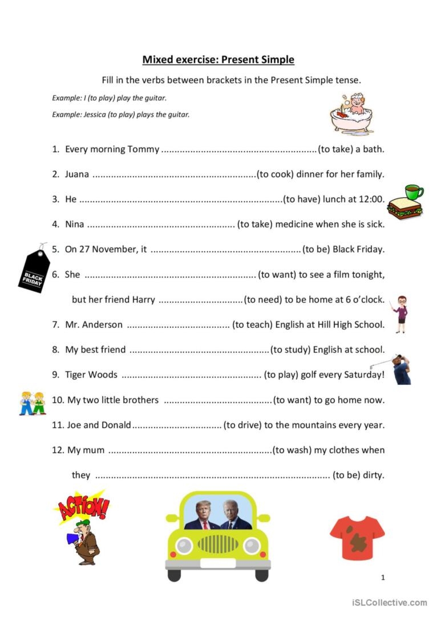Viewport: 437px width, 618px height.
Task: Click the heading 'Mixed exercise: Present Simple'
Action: (218, 60)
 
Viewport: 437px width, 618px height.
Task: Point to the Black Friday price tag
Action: (34, 269)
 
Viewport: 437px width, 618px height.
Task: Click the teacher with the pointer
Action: (401, 314)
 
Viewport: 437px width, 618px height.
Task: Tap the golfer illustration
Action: (401, 369)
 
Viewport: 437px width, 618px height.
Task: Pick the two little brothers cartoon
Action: (32, 403)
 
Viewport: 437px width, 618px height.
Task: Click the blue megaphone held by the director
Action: (72, 538)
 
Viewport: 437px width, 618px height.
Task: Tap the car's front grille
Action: (217, 544)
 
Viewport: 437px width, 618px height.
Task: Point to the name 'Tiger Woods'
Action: (91, 375)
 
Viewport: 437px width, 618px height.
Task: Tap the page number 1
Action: (383, 578)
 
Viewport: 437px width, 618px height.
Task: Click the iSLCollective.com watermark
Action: (389, 603)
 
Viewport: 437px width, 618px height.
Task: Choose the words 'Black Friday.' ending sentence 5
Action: (358, 250)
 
